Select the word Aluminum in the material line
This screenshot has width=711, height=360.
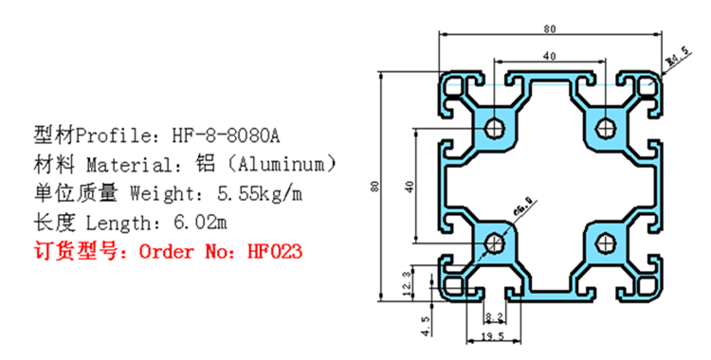283,163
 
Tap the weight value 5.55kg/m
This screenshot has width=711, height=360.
260,194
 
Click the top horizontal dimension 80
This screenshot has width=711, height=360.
550,28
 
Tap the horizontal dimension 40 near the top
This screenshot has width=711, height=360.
550,57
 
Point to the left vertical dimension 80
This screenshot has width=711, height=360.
375,186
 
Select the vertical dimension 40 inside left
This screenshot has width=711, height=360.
410,186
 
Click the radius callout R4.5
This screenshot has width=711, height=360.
677,63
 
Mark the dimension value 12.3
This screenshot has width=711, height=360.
408,282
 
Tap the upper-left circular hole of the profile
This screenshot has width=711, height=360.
495,129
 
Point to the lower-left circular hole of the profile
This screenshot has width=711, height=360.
495,244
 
